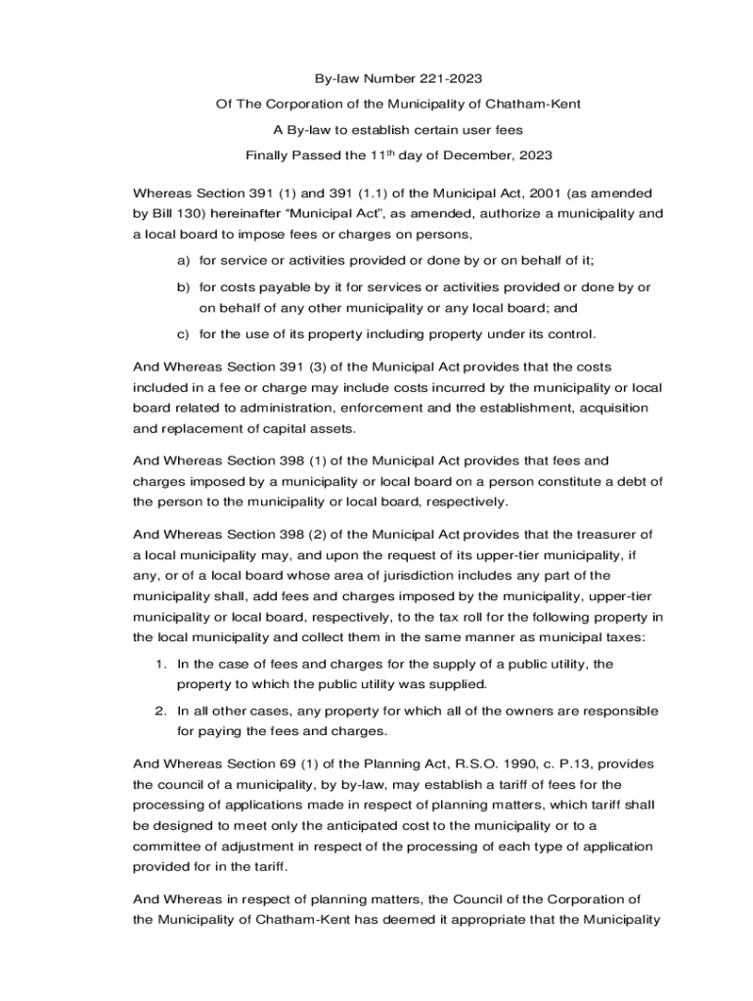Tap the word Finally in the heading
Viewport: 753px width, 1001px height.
(x=268, y=154)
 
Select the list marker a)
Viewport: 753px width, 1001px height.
(x=183, y=260)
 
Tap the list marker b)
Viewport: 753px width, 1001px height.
(x=183, y=287)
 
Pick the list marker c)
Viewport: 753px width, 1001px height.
(x=183, y=334)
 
